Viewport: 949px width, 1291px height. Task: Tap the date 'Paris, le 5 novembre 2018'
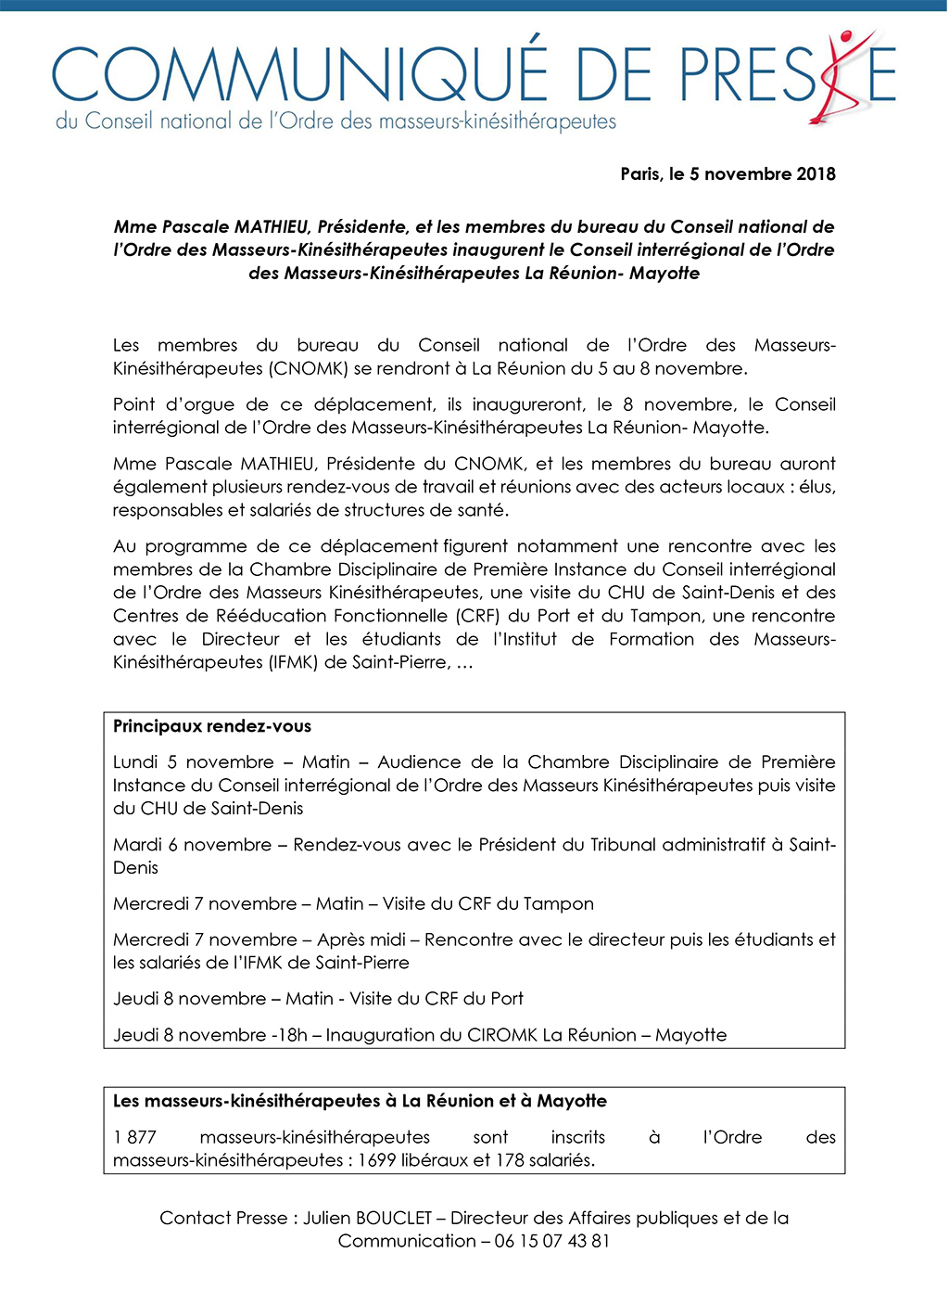pyautogui.click(x=728, y=174)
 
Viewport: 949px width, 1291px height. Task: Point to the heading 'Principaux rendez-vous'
pyautogui.click(x=212, y=726)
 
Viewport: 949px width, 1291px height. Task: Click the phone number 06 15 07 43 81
pyautogui.click(x=552, y=1241)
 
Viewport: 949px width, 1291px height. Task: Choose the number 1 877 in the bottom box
pyautogui.click(x=134, y=1137)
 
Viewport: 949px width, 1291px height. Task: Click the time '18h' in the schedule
pyautogui.click(x=291, y=1035)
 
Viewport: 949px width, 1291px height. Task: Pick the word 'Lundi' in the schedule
pyautogui.click(x=135, y=762)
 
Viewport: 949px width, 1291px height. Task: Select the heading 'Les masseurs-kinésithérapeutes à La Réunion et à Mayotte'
pyautogui.click(x=360, y=1101)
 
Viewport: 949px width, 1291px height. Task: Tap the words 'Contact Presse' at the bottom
pyautogui.click(x=223, y=1218)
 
